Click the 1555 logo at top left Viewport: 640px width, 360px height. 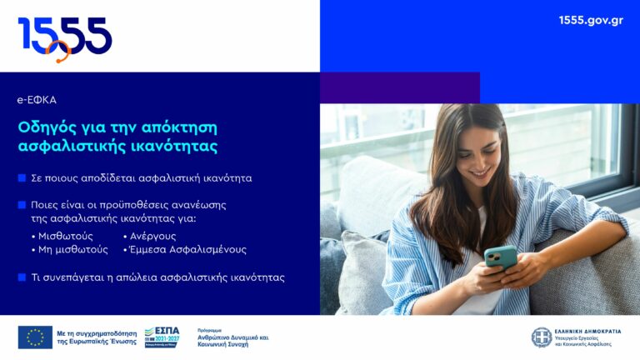[65, 37]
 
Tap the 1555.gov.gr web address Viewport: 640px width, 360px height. [591, 20]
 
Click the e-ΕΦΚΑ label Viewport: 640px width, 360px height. [37, 100]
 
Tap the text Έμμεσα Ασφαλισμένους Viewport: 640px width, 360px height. [187, 249]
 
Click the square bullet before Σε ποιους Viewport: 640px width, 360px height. [22, 178]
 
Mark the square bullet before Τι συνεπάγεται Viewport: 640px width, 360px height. [22, 277]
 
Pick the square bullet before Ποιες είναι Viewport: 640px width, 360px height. [22, 204]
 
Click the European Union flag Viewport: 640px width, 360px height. [35, 337]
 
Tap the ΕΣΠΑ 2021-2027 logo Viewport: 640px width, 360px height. [162, 337]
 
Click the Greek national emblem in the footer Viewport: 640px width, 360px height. [542, 337]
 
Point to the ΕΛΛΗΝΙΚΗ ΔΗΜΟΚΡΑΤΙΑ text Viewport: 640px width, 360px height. [589, 331]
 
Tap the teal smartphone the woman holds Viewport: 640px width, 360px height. [500, 257]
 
